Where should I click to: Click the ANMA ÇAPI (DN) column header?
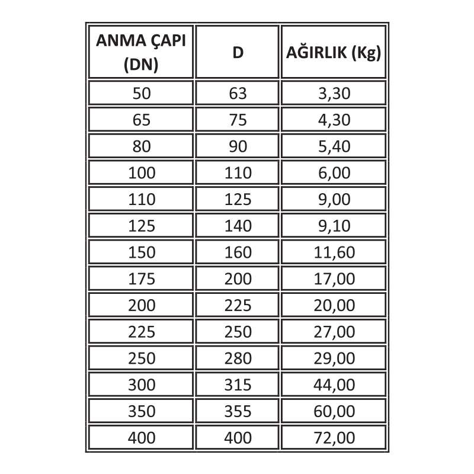point(142,52)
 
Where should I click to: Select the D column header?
point(238,52)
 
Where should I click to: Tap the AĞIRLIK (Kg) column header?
point(334,52)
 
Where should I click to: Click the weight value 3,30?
point(334,93)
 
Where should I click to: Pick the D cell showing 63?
point(238,93)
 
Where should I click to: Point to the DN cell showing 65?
point(142,120)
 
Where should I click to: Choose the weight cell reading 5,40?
point(334,146)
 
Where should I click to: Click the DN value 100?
point(142,173)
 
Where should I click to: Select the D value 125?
point(238,200)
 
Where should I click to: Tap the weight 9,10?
point(334,226)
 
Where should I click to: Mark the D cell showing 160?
point(238,252)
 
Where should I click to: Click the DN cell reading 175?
point(142,279)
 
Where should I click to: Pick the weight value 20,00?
point(334,306)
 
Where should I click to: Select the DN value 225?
point(142,332)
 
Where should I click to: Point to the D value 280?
point(238,358)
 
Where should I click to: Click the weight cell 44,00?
point(334,385)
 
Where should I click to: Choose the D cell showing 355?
point(238,412)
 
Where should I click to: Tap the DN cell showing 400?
point(142,438)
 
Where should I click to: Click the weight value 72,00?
point(334,438)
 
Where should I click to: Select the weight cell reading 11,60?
point(334,252)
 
